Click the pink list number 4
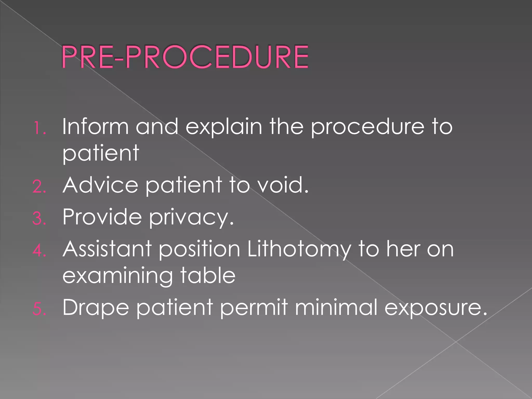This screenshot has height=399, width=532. [x=39, y=251]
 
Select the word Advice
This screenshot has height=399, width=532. [x=100, y=185]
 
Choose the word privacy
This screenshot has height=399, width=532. [x=191, y=218]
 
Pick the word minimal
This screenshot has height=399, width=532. [x=336, y=307]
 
